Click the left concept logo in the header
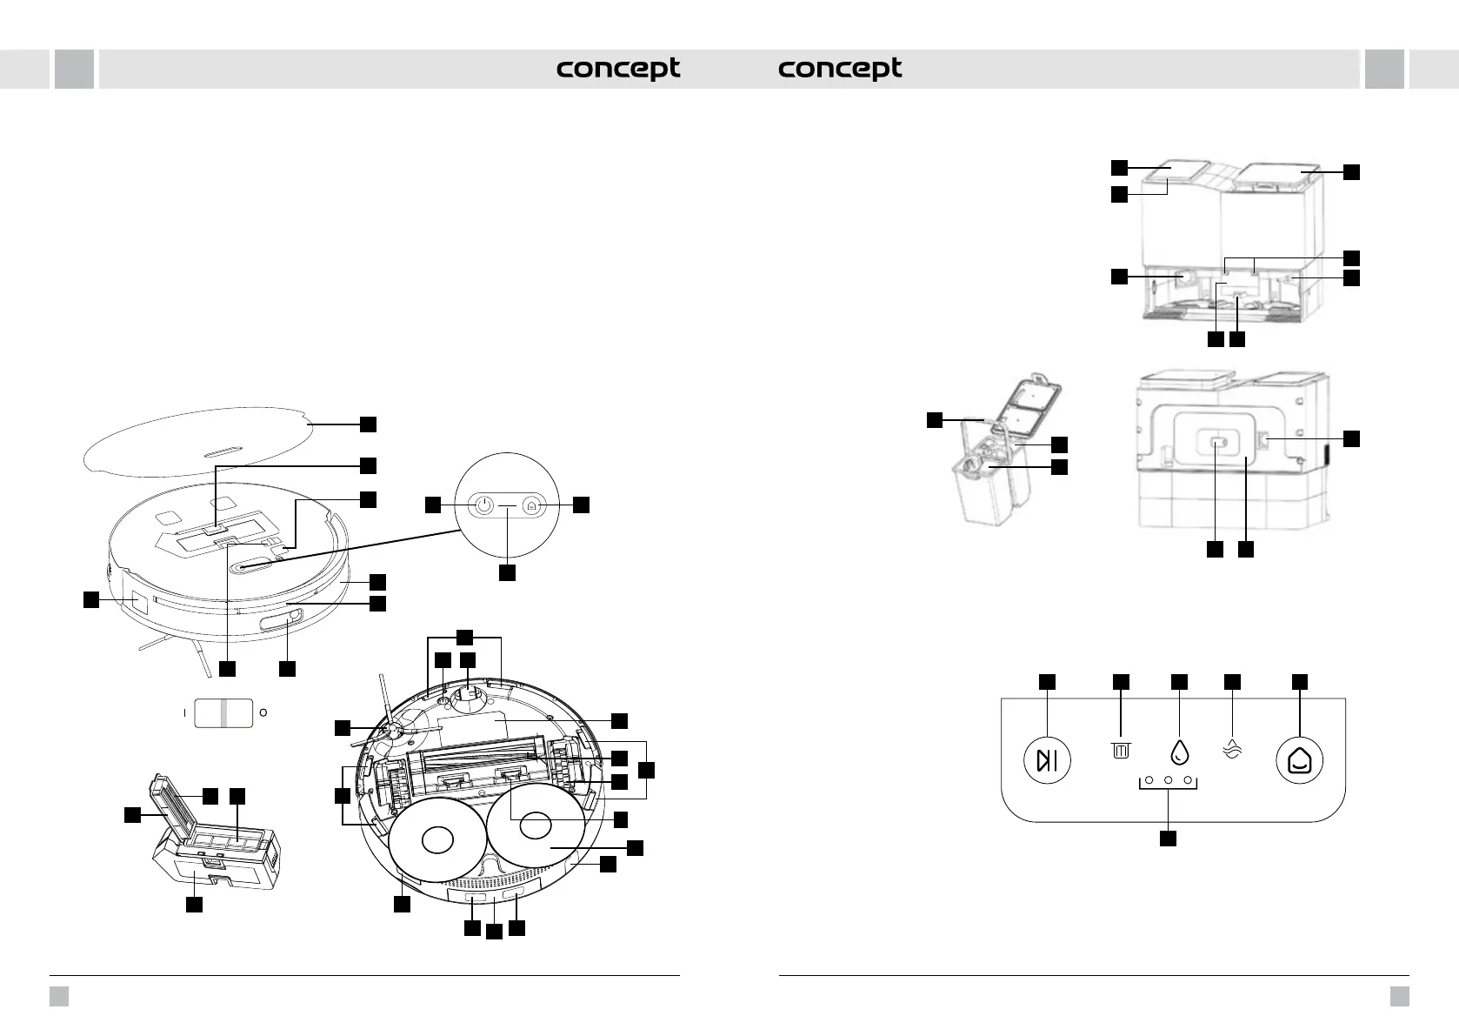618,69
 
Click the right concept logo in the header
840,69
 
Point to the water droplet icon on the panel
1179,752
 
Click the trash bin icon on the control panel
1121,750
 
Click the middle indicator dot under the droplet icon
1168,780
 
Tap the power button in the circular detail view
484,505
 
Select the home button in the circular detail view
532,505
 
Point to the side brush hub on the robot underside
391,733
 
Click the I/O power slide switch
223,712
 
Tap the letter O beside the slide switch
263,712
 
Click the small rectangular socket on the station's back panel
1216,444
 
